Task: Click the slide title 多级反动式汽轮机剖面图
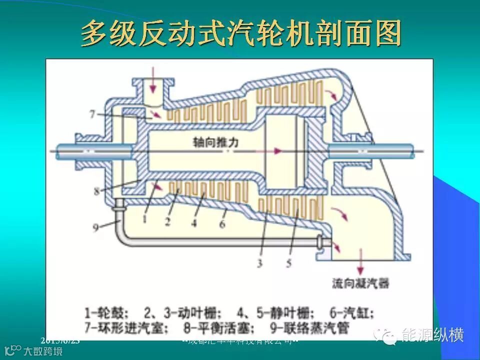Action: (241, 34)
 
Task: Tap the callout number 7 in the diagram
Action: (92, 114)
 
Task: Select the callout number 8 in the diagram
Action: (96, 190)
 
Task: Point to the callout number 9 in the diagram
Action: (95, 227)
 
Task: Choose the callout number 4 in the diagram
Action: (194, 223)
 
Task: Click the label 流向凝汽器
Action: (360, 283)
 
